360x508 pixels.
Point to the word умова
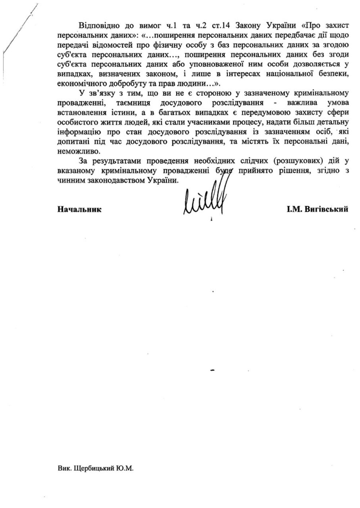click(x=336, y=102)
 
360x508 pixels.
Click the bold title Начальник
click(x=80, y=209)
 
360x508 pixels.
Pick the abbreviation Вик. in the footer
click(x=64, y=469)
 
